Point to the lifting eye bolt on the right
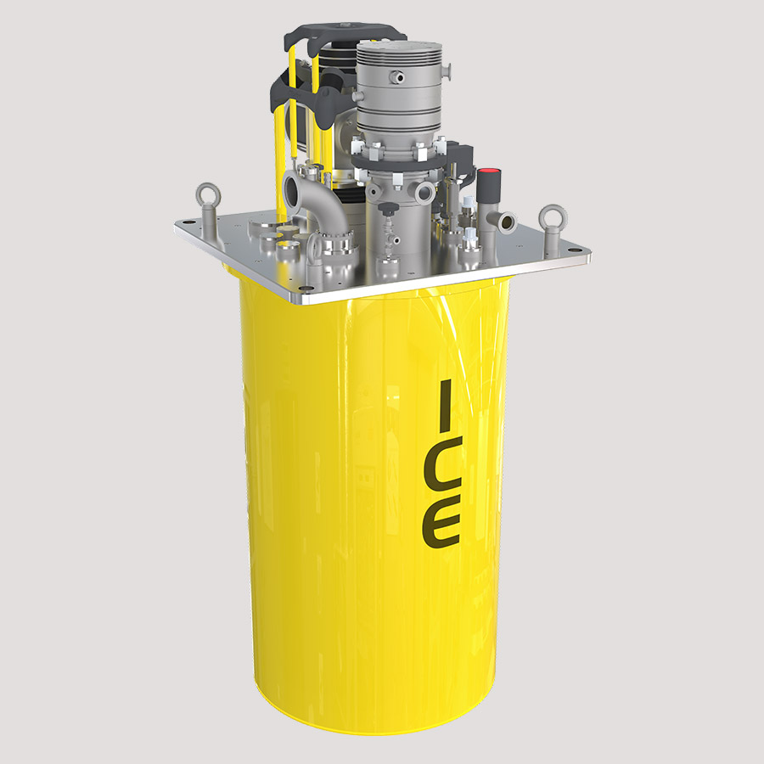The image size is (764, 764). pos(553,218)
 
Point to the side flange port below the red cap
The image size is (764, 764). pos(506,222)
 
